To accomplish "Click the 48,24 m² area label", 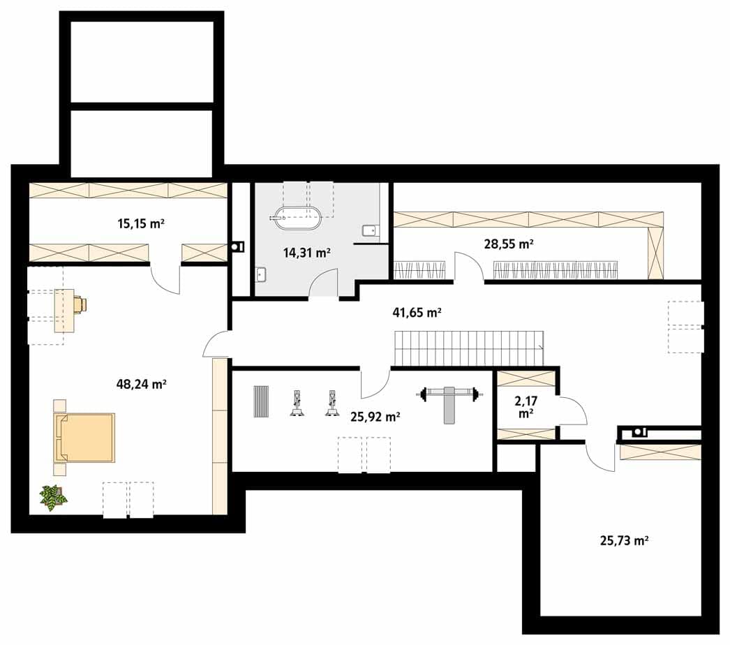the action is pyautogui.click(x=141, y=384).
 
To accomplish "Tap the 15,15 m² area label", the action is pyautogui.click(x=140, y=223).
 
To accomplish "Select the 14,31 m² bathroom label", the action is pyautogui.click(x=307, y=253).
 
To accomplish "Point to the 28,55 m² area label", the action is pyautogui.click(x=508, y=244).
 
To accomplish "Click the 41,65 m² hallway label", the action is pyautogui.click(x=417, y=313).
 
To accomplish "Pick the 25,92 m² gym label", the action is pyautogui.click(x=375, y=417).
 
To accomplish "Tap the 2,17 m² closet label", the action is pyautogui.click(x=526, y=406).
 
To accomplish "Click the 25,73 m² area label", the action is pyautogui.click(x=625, y=541).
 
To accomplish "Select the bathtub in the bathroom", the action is pyautogui.click(x=297, y=218).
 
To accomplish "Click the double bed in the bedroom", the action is pyautogui.click(x=84, y=438).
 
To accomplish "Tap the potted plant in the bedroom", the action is pyautogui.click(x=53, y=498).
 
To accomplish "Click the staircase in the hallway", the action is pyautogui.click(x=469, y=348).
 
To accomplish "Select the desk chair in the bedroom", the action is pyautogui.click(x=80, y=304).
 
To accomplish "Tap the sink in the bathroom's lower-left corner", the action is pyautogui.click(x=262, y=275).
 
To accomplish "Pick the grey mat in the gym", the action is pyautogui.click(x=261, y=401).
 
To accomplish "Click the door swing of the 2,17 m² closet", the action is pyautogui.click(x=574, y=410).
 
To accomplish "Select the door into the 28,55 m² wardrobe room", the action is pyautogui.click(x=470, y=267).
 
